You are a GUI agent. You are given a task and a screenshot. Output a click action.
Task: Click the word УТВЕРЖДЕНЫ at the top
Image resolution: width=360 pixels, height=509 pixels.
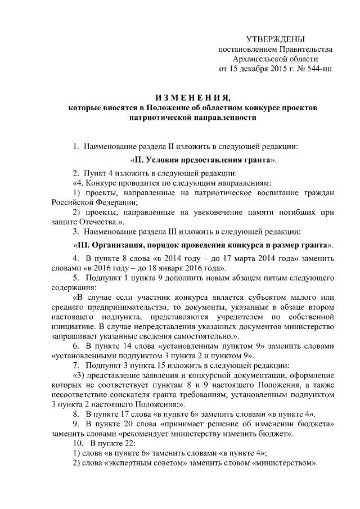coord(275,39)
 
